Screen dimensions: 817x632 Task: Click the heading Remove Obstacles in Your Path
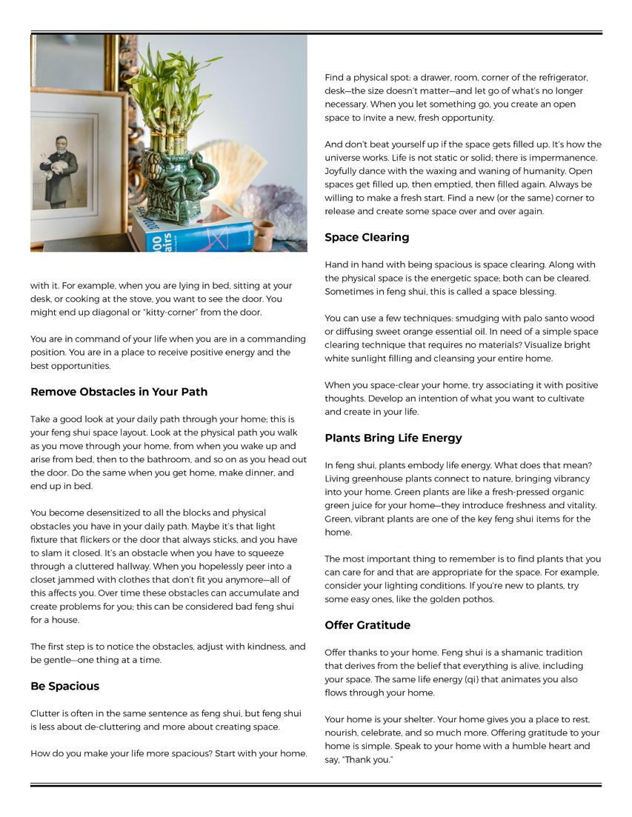pos(119,392)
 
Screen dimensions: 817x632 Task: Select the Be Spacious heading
pos(64,686)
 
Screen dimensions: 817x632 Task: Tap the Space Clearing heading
pos(367,238)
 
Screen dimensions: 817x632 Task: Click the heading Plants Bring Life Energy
pos(393,438)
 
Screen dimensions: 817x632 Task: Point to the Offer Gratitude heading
pos(367,625)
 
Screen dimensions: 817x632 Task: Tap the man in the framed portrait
pos(61,167)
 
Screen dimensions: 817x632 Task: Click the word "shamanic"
pos(535,653)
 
